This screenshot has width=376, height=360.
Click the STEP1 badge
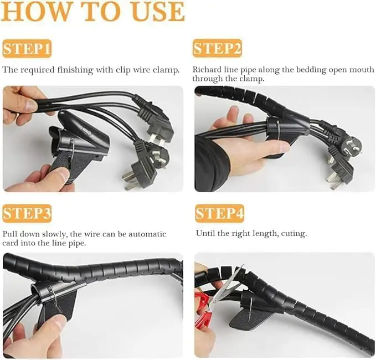click(x=27, y=49)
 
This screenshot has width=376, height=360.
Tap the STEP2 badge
click(x=217, y=49)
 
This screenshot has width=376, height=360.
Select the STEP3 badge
click(x=27, y=213)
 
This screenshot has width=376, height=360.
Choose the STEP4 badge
click(x=219, y=213)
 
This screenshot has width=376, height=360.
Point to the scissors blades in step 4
click(x=231, y=280)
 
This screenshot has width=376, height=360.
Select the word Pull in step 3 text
click(x=10, y=234)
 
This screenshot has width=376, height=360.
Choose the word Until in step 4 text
click(x=205, y=234)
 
